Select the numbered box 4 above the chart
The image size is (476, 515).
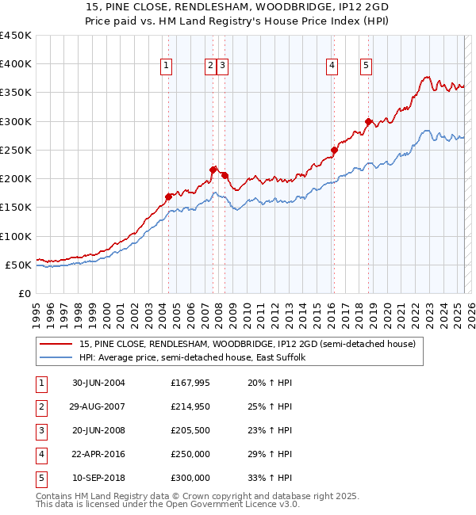pyautogui.click(x=332, y=67)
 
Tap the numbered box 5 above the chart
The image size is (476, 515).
pyautogui.click(x=367, y=67)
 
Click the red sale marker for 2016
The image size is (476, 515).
pyautogui.click(x=335, y=150)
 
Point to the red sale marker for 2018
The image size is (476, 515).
pyautogui.click(x=368, y=121)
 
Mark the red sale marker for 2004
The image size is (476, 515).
pyautogui.click(x=168, y=196)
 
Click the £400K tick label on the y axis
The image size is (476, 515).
pyautogui.click(x=16, y=64)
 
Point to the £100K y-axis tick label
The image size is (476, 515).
pyautogui.click(x=16, y=236)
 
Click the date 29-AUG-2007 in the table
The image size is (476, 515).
pyautogui.click(x=98, y=406)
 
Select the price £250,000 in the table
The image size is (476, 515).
pyautogui.click(x=190, y=454)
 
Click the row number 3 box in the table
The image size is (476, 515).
pyautogui.click(x=40, y=430)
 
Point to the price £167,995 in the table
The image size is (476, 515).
pyautogui.click(x=190, y=383)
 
